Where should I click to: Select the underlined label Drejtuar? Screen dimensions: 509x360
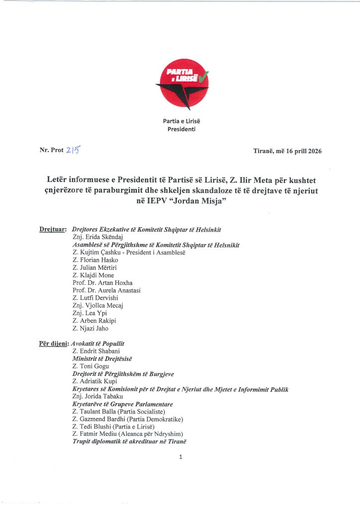coord(53,229)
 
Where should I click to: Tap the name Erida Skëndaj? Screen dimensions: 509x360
coord(104,237)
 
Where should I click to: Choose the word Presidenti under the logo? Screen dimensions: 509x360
coord(180,129)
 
